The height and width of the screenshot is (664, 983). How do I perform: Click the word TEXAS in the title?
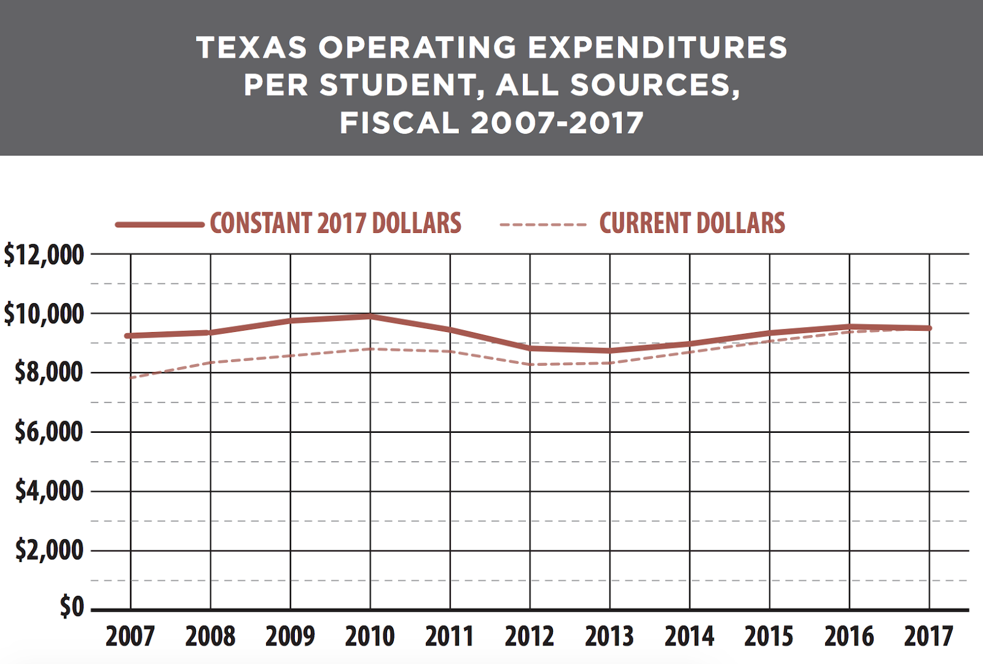click(x=251, y=47)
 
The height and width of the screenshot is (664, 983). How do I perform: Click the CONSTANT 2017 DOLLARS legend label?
click(x=335, y=223)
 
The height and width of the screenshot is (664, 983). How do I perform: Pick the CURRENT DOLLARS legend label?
click(x=692, y=223)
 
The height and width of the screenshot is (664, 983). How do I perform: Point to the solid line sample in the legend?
click(x=160, y=224)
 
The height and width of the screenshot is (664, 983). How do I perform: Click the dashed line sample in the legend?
click(x=543, y=225)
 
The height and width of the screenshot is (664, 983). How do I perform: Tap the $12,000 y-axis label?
click(x=44, y=255)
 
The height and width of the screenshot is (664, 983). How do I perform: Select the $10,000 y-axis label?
click(x=44, y=314)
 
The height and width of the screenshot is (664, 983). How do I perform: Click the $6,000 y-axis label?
click(x=49, y=432)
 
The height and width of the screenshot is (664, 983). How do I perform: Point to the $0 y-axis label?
click(x=71, y=607)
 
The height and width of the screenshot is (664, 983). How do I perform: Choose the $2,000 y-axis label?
click(x=49, y=550)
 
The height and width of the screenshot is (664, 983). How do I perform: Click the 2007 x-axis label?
click(x=130, y=636)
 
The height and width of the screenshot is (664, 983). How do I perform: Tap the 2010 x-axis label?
click(x=370, y=636)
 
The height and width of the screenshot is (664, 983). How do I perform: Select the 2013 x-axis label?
click(x=609, y=636)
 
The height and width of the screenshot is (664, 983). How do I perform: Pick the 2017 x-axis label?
click(x=928, y=636)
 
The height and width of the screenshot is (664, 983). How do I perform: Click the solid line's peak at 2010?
click(x=370, y=317)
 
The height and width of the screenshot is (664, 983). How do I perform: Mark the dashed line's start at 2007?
click(x=131, y=377)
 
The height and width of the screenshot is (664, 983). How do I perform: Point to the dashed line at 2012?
click(x=530, y=365)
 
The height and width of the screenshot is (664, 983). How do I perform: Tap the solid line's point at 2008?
click(x=211, y=333)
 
